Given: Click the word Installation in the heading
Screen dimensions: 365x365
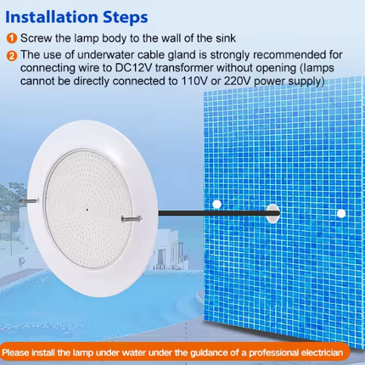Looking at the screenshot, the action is (52, 17).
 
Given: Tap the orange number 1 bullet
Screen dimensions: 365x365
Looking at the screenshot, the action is (12, 38).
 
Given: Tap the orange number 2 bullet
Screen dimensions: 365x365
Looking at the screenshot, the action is (12, 55).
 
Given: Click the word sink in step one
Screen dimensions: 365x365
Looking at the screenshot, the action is (226, 38).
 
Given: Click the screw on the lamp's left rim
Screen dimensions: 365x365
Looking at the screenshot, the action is (28, 201).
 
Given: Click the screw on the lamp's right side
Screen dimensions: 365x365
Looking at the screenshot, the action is (132, 218).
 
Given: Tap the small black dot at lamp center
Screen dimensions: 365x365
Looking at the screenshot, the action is (87, 210).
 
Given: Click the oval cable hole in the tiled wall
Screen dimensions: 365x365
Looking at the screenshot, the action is (272, 213).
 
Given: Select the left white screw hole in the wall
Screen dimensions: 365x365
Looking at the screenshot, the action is (216, 204).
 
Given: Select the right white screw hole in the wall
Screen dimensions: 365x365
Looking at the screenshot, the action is (341, 214).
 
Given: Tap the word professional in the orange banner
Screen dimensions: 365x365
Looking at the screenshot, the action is (273, 353).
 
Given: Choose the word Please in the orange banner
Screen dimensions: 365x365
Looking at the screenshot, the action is (15, 353).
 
